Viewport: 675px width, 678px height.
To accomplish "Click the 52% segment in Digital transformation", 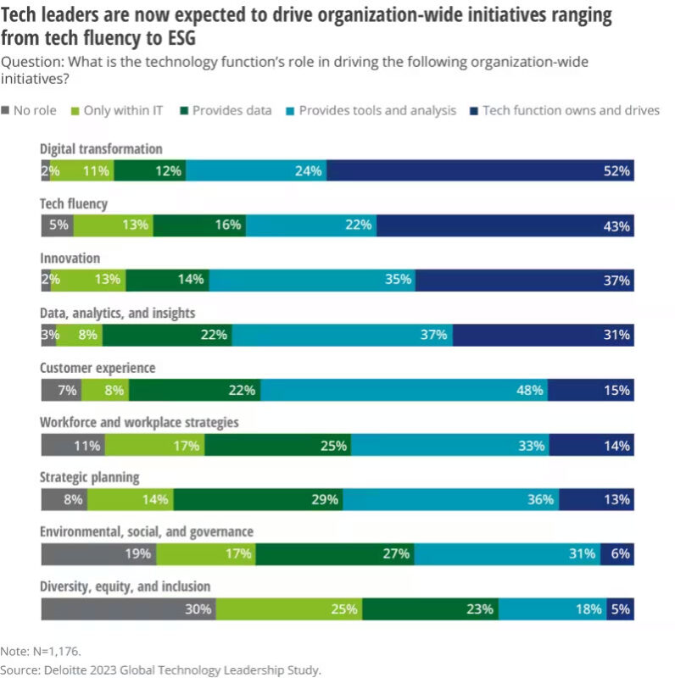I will tap(480, 170).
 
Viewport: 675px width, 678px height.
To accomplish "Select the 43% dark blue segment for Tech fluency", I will tap(505, 225).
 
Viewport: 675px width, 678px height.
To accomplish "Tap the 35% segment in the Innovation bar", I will tap(312, 280).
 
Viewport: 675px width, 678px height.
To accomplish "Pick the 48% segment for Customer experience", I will tap(404, 390).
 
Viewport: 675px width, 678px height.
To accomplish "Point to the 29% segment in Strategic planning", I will tap(259, 499).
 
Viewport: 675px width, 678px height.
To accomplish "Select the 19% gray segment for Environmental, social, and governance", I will tap(98, 553).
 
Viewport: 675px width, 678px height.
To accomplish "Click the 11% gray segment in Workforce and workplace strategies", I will tap(73, 444).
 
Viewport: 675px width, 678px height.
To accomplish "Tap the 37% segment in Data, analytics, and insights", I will tap(343, 335).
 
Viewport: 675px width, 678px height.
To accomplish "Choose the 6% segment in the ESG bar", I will tap(617, 553).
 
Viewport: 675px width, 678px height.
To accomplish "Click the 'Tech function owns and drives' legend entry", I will tap(563, 110).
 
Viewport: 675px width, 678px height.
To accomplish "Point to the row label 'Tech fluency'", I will tap(74, 203).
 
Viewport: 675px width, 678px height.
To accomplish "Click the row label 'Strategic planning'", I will tap(90, 477).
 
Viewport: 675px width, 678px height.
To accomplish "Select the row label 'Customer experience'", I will tap(98, 368).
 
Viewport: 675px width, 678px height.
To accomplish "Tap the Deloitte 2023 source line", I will tap(161, 667).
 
